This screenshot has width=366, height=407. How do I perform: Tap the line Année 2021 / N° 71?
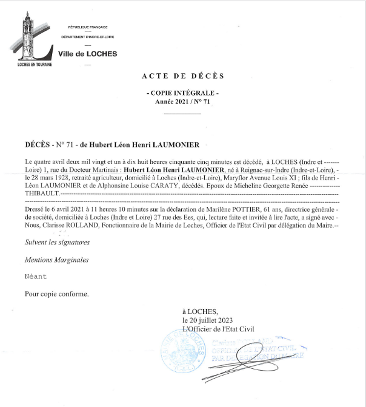tap(182, 103)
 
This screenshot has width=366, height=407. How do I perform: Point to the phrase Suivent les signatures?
tap(57, 242)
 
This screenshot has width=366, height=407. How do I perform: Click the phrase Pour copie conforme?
tap(56, 294)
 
